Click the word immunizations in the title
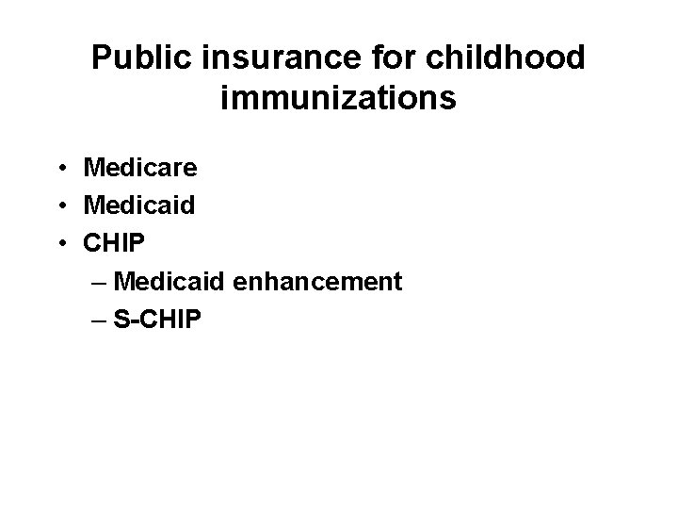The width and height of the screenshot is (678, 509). pos(339,97)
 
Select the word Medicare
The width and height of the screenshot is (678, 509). pos(140,168)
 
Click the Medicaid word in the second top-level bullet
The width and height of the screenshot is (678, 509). pos(139,205)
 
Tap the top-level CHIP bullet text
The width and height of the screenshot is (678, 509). pos(115,243)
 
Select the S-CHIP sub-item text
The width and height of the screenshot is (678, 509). pos(156,319)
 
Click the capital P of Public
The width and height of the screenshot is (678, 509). pos(101,57)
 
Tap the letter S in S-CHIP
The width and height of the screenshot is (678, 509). pos(121,319)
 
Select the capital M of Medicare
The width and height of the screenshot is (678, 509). pos(95,168)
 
